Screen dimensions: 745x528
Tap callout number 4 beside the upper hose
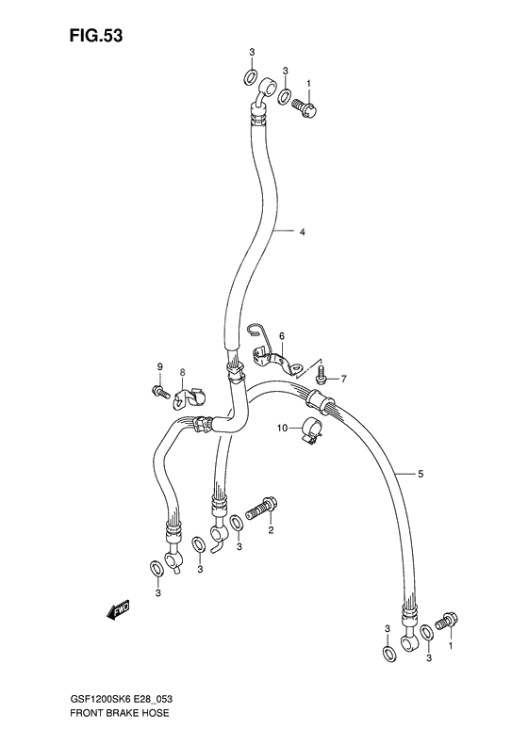point(303,232)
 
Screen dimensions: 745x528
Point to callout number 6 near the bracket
point(281,336)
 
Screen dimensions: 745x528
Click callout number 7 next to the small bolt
point(344,380)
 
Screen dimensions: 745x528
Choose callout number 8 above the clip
point(183,373)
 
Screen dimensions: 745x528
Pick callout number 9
point(160,366)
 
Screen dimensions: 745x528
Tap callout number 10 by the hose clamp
point(281,429)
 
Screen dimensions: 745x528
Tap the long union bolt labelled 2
point(261,510)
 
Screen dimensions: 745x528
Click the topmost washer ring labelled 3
point(251,77)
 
